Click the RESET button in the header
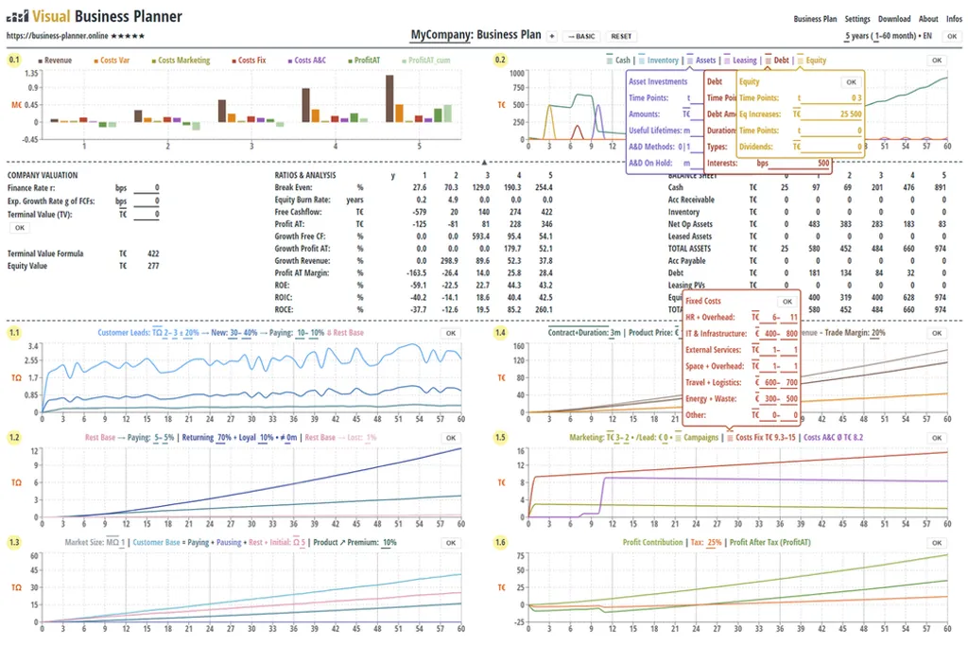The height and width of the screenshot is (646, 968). (x=621, y=36)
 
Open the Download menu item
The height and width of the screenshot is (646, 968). (x=894, y=19)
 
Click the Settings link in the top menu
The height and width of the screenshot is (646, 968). (x=857, y=19)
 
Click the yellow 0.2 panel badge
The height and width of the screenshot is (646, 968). (x=500, y=60)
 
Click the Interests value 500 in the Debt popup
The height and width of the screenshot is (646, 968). (x=822, y=163)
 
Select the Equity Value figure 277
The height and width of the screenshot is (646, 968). (x=153, y=266)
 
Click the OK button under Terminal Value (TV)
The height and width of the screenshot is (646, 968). (x=19, y=228)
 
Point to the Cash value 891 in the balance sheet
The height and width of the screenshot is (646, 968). (x=939, y=187)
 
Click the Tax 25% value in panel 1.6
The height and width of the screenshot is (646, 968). (x=714, y=542)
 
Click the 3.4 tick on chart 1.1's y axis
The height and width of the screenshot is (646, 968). (x=33, y=347)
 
